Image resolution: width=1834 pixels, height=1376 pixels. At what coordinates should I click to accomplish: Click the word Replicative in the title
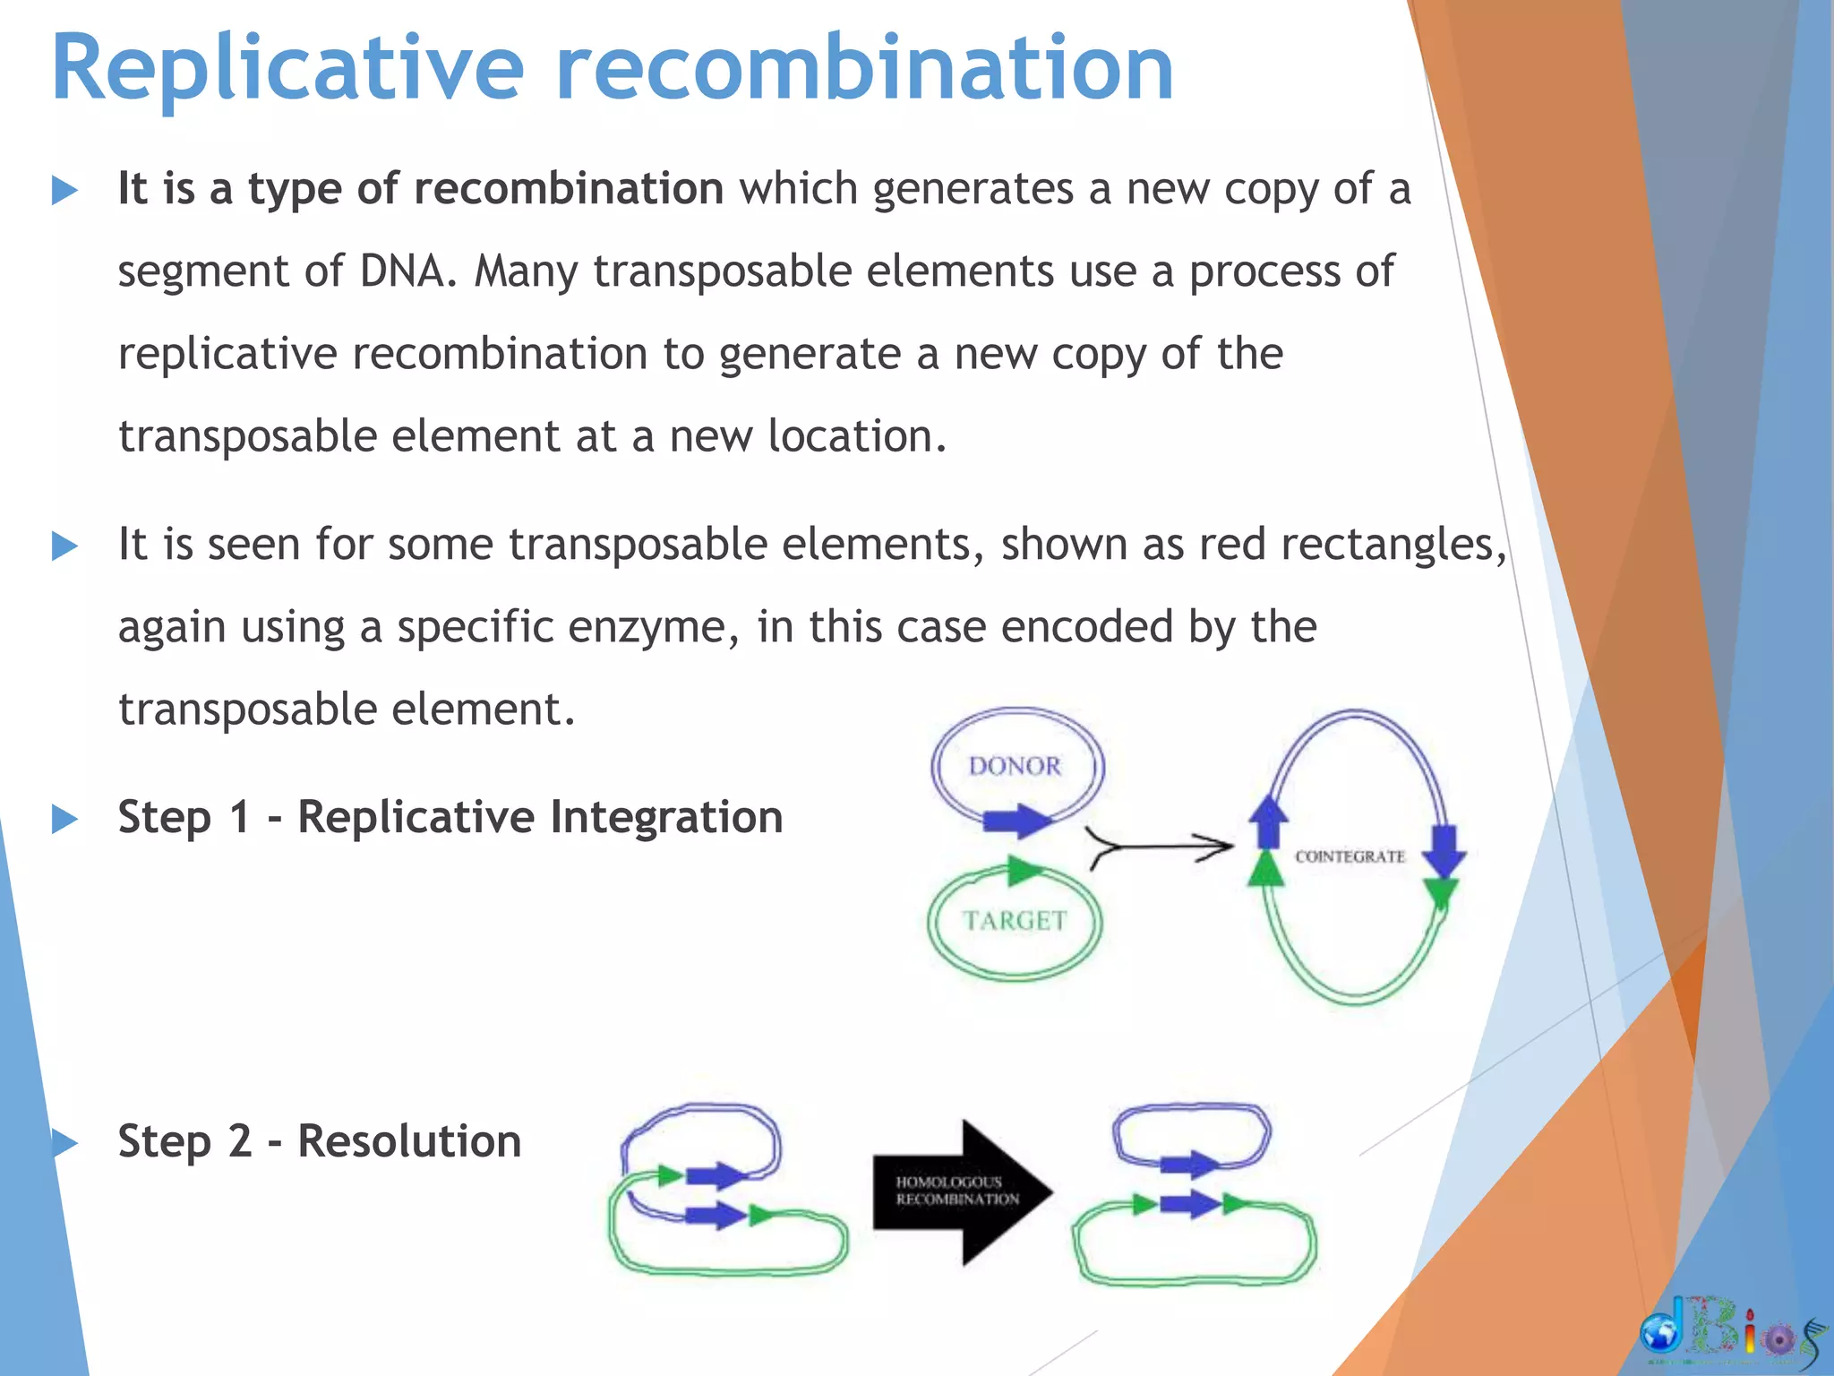point(287,70)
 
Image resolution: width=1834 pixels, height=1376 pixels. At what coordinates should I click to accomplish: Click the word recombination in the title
point(864,70)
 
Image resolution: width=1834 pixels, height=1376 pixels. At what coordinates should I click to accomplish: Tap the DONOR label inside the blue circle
point(1015,767)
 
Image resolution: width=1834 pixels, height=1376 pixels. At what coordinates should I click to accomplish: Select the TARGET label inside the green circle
point(1015,921)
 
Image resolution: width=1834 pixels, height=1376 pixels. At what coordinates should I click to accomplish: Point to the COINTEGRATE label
point(1350,857)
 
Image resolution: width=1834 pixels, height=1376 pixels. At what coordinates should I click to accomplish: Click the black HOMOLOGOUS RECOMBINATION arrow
point(962,1191)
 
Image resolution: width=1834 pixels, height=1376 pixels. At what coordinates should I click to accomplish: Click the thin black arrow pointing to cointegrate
point(1160,846)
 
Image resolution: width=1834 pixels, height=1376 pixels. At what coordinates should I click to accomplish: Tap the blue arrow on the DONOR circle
point(1017,821)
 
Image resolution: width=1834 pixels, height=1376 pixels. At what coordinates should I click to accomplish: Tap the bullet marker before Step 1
point(64,819)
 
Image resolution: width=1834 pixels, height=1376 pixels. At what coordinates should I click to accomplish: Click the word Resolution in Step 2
point(409,1141)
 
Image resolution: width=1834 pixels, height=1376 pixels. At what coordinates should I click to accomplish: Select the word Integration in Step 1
point(666,817)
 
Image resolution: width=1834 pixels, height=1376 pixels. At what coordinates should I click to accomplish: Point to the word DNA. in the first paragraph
point(408,271)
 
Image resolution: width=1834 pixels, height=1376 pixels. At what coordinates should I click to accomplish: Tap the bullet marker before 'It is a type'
point(64,190)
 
